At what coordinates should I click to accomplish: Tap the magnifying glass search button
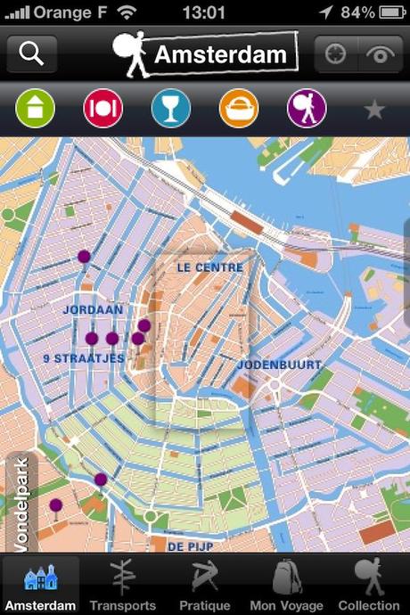32,54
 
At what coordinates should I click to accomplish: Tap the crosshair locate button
335,54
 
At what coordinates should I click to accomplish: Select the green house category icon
36,109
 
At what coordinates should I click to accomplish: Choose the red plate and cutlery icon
103,109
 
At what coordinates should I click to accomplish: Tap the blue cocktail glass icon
171,109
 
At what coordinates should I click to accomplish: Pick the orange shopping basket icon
239,109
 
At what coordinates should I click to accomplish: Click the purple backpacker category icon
307,109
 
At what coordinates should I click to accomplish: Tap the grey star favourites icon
374,110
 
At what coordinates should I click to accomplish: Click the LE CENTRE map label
210,266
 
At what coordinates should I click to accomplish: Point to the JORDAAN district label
93,309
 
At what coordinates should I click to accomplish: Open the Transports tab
123,586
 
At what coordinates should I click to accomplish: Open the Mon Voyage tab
287,586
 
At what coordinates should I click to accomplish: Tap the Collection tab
369,586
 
